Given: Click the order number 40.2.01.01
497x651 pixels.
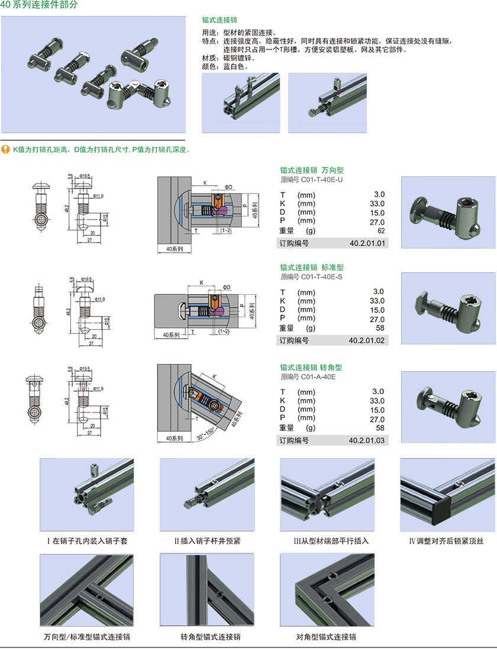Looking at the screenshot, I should pyautogui.click(x=367, y=243).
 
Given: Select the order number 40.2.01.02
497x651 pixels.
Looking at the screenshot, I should pyautogui.click(x=367, y=340).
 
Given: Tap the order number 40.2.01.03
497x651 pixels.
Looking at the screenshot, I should pyautogui.click(x=367, y=440).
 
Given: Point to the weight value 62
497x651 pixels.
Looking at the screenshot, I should pyautogui.click(x=380, y=231).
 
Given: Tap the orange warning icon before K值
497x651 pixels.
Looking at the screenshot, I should pyautogui.click(x=5, y=149).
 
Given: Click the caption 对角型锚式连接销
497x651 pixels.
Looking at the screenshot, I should pyautogui.click(x=326, y=637).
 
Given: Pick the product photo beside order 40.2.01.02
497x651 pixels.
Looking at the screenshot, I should pyautogui.click(x=448, y=308).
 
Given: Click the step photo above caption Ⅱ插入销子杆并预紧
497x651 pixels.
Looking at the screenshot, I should pyautogui.click(x=207, y=495).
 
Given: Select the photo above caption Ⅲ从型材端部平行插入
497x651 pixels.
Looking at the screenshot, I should pyautogui.click(x=327, y=495).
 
